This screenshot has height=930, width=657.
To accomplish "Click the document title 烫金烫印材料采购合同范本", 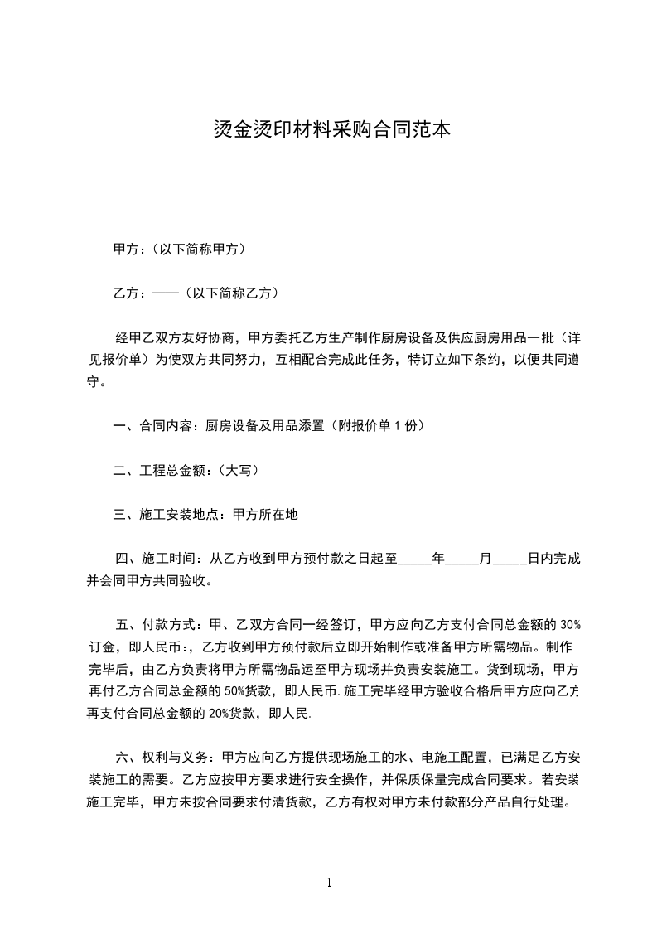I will pyautogui.click(x=328, y=130).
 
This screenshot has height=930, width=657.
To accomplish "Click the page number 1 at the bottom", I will pyautogui.click(x=329, y=883).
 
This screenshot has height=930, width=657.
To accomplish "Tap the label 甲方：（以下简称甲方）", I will pyautogui.click(x=178, y=249).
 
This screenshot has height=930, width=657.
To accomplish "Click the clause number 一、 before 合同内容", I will pyautogui.click(x=125, y=426).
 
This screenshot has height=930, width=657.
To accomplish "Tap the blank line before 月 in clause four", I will pyautogui.click(x=461, y=559).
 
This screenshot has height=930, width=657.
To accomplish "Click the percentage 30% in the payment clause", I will pyautogui.click(x=569, y=624).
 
